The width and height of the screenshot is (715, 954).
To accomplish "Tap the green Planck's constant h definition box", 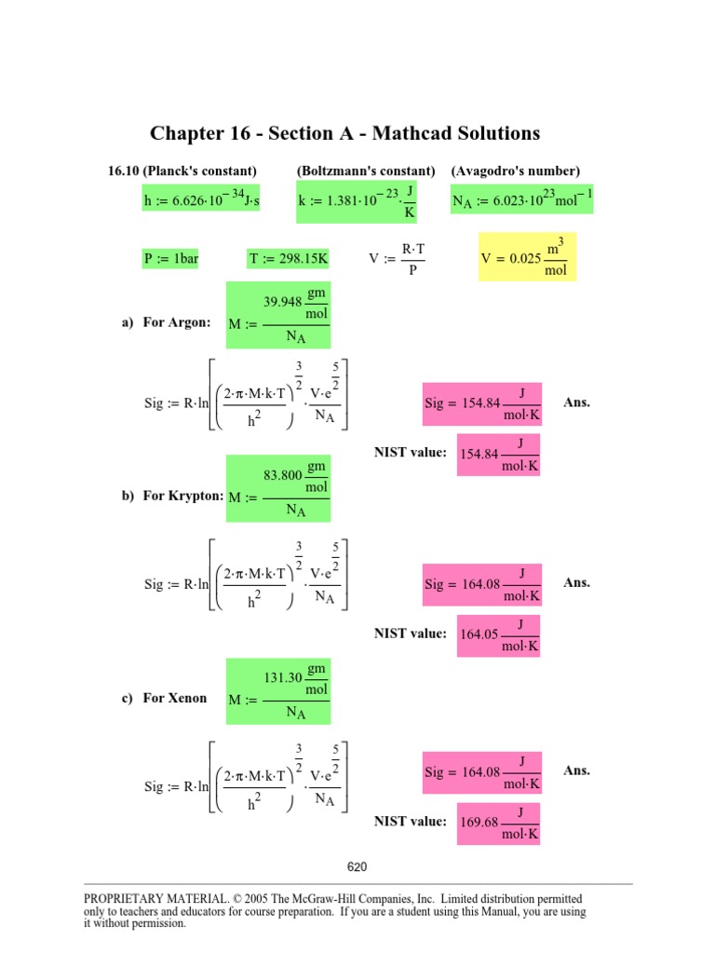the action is click(x=201, y=198).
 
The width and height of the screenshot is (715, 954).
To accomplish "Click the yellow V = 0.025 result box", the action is click(x=526, y=256).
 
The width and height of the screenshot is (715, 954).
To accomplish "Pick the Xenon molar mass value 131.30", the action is click(x=283, y=678).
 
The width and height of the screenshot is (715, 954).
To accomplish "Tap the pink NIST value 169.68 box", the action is click(x=500, y=823).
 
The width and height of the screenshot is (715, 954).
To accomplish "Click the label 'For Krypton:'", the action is click(x=182, y=497).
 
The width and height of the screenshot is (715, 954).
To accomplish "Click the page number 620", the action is click(x=357, y=867).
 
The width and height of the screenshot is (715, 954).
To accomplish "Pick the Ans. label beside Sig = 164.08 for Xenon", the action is click(x=577, y=770).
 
